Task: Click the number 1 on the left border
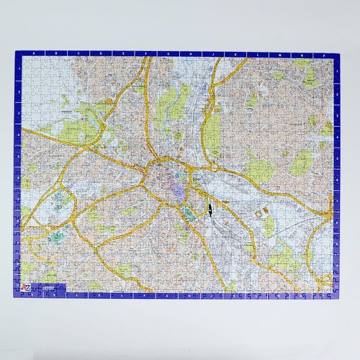coord(18,70)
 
